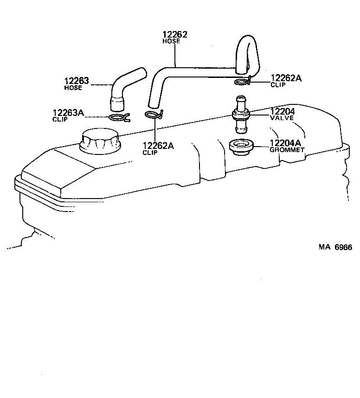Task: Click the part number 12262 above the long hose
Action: pyautogui.click(x=175, y=35)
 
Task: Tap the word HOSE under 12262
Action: pyautogui.click(x=171, y=41)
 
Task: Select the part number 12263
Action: pyautogui.click(x=76, y=81)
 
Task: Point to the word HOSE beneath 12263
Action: pyautogui.click(x=73, y=88)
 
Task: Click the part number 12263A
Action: pyautogui.click(x=68, y=113)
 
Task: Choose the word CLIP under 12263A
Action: pyautogui.click(x=60, y=119)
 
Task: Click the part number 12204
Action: pyautogui.click(x=283, y=112)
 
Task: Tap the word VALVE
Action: pyautogui.click(x=282, y=118)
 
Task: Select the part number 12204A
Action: pyautogui.click(x=285, y=143)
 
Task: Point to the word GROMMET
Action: pyautogui.click(x=287, y=150)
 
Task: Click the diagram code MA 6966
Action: pyautogui.click(x=335, y=247)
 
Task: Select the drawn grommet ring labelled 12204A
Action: pyautogui.click(x=241, y=147)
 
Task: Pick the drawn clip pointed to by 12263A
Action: pyautogui.click(x=120, y=117)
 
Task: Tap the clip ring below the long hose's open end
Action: pyautogui.click(x=153, y=115)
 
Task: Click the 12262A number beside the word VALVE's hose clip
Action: pyautogui.click(x=286, y=78)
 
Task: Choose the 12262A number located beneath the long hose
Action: pyautogui.click(x=158, y=146)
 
